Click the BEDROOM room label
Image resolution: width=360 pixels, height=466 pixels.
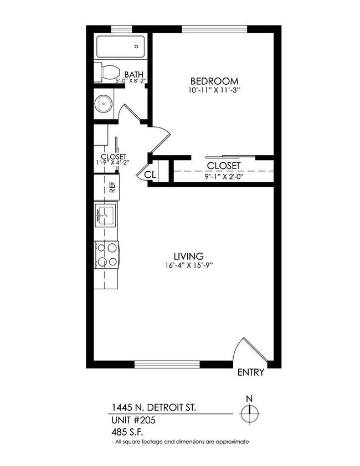[x=214, y=80]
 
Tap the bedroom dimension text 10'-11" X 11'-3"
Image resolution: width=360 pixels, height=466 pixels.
[x=214, y=89]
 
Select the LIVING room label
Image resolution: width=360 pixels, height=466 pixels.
[x=188, y=256]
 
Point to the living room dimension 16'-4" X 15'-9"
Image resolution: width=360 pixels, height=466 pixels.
[x=188, y=265]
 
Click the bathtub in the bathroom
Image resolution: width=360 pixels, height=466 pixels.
[x=120, y=47]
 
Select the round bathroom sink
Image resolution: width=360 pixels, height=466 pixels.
[x=103, y=103]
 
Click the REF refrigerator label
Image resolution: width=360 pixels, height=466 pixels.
[x=112, y=187]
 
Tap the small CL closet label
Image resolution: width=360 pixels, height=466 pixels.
[x=150, y=175]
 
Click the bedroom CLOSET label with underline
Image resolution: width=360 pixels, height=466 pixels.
[x=224, y=166]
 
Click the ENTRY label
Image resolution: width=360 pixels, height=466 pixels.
[x=251, y=372]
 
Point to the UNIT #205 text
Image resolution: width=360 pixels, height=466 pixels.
[x=133, y=421]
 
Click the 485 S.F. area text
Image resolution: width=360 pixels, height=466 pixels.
[x=128, y=432]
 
